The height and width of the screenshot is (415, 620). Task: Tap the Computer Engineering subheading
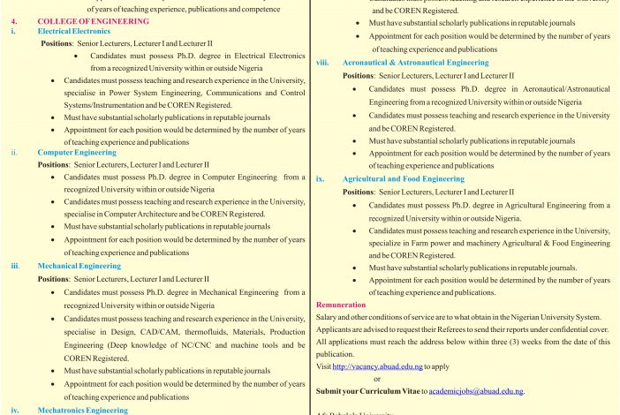pos(77,152)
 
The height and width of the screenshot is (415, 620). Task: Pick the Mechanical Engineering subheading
pos(79,265)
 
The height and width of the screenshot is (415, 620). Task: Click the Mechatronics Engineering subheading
pos(83,410)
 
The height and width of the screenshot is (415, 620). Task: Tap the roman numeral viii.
pos(322,64)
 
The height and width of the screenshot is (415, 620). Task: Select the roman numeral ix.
pos(321,178)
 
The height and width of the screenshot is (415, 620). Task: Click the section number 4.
pos(12,19)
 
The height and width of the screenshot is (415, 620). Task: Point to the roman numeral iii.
pos(14,265)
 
